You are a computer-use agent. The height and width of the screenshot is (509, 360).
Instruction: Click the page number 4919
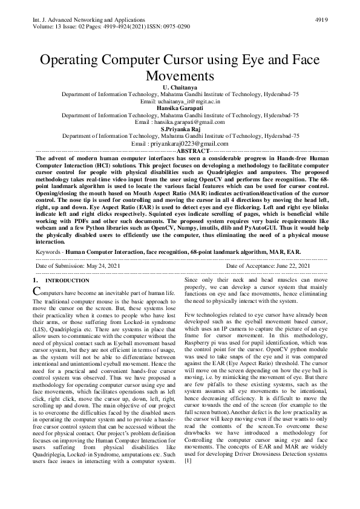pyautogui.click(x=321, y=19)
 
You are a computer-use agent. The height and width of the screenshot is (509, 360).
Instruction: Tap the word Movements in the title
pyautogui.click(x=180, y=77)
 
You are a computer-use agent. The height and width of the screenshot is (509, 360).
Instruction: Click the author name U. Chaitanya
pyautogui.click(x=180, y=89)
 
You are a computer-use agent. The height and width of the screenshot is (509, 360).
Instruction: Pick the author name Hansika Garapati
pyautogui.click(x=180, y=108)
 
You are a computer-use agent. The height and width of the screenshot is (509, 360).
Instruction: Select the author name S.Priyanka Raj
pyautogui.click(x=180, y=129)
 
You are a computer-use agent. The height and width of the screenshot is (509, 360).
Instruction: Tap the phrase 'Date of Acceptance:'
pyautogui.click(x=249, y=266)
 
